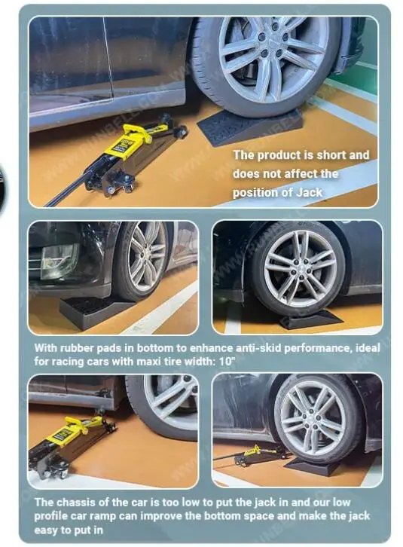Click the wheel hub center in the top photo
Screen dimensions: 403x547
(273, 45)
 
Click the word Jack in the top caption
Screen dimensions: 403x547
(309, 192)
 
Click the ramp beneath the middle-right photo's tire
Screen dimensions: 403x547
(310, 319)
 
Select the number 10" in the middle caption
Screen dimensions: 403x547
(227, 362)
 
